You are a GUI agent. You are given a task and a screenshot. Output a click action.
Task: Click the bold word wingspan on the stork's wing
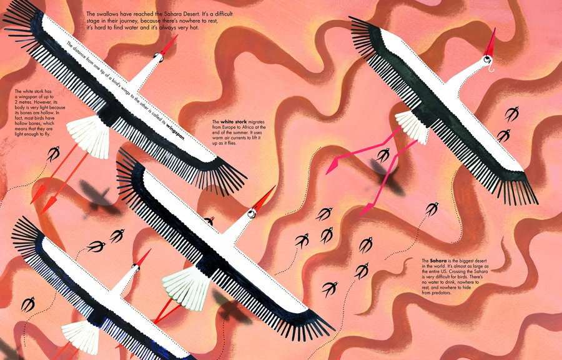click(175, 129)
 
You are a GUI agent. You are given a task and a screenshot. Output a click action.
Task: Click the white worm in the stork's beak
click(490, 66)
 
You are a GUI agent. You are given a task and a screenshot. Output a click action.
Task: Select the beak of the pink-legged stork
click(491, 42)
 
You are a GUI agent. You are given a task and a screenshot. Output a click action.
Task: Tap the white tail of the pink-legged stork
click(412, 127)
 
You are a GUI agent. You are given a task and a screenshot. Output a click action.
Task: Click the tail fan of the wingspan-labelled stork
click(89, 137)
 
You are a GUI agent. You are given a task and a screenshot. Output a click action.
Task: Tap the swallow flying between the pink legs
click(383, 155)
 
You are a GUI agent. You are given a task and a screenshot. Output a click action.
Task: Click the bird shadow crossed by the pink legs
click(388, 178)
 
